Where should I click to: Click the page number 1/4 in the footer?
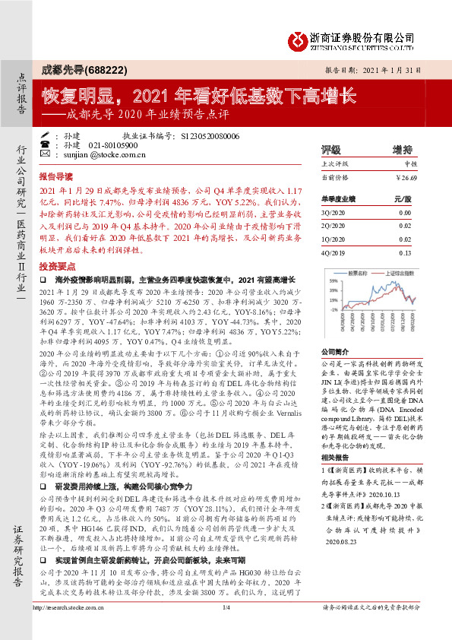click(226, 628)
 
